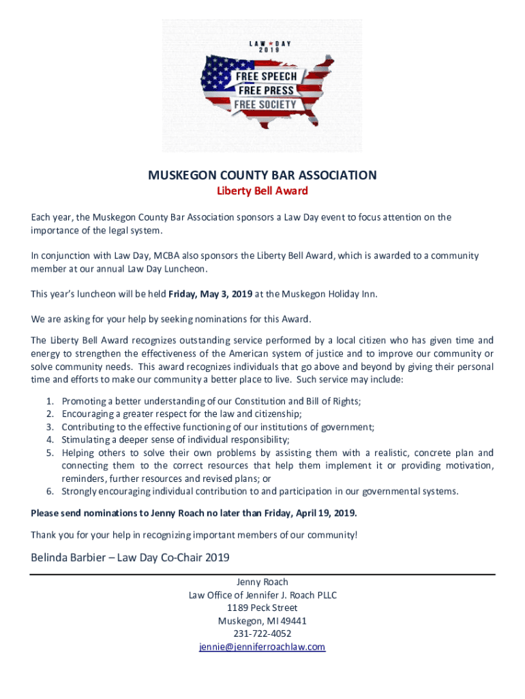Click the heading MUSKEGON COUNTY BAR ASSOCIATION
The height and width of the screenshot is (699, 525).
click(x=262, y=175)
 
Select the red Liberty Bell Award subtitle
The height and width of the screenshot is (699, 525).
click(x=262, y=191)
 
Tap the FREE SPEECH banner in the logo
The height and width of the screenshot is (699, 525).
click(x=267, y=77)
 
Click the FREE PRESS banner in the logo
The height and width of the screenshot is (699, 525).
click(x=266, y=90)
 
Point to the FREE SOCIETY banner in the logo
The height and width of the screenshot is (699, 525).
click(x=265, y=104)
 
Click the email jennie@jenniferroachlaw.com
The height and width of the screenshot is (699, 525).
click(x=262, y=646)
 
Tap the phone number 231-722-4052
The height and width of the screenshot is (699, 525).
click(x=262, y=633)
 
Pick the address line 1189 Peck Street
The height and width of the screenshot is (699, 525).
click(x=262, y=608)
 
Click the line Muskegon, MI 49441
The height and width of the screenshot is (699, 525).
click(x=262, y=620)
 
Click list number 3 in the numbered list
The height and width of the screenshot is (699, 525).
click(x=50, y=427)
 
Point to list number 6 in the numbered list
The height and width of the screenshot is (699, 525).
click(x=50, y=491)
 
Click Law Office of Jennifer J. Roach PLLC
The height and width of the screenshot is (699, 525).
click(x=262, y=595)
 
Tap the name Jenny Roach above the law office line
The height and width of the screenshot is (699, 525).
click(x=262, y=582)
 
